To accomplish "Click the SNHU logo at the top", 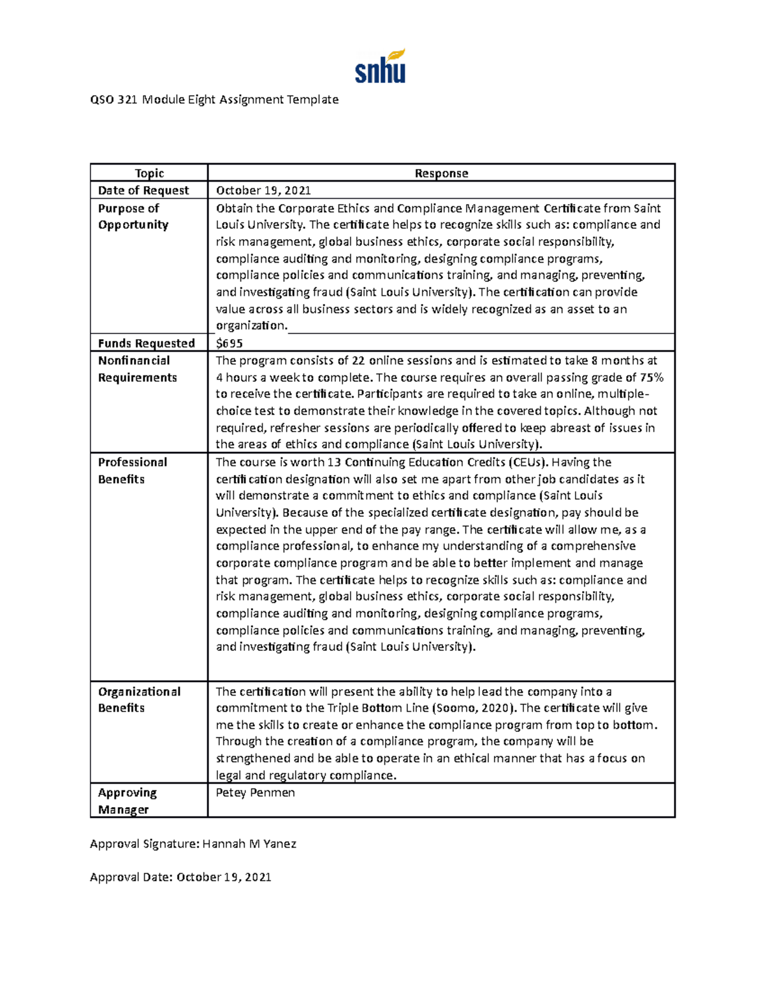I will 380,67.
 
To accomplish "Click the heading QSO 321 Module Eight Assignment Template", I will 214,99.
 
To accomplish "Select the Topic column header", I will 149,173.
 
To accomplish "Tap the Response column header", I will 441,173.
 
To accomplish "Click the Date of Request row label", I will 143,191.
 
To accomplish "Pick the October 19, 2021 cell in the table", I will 263,191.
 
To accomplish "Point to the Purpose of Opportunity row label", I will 133,217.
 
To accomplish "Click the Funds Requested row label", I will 146,344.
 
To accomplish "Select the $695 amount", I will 229,344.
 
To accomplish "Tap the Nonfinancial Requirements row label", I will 137,369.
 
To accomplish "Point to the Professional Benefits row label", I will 132,470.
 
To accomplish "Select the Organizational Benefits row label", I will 139,700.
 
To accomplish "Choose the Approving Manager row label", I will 127,801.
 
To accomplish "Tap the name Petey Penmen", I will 255,793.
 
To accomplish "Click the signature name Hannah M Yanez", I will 249,844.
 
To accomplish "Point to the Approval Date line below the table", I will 180,877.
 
